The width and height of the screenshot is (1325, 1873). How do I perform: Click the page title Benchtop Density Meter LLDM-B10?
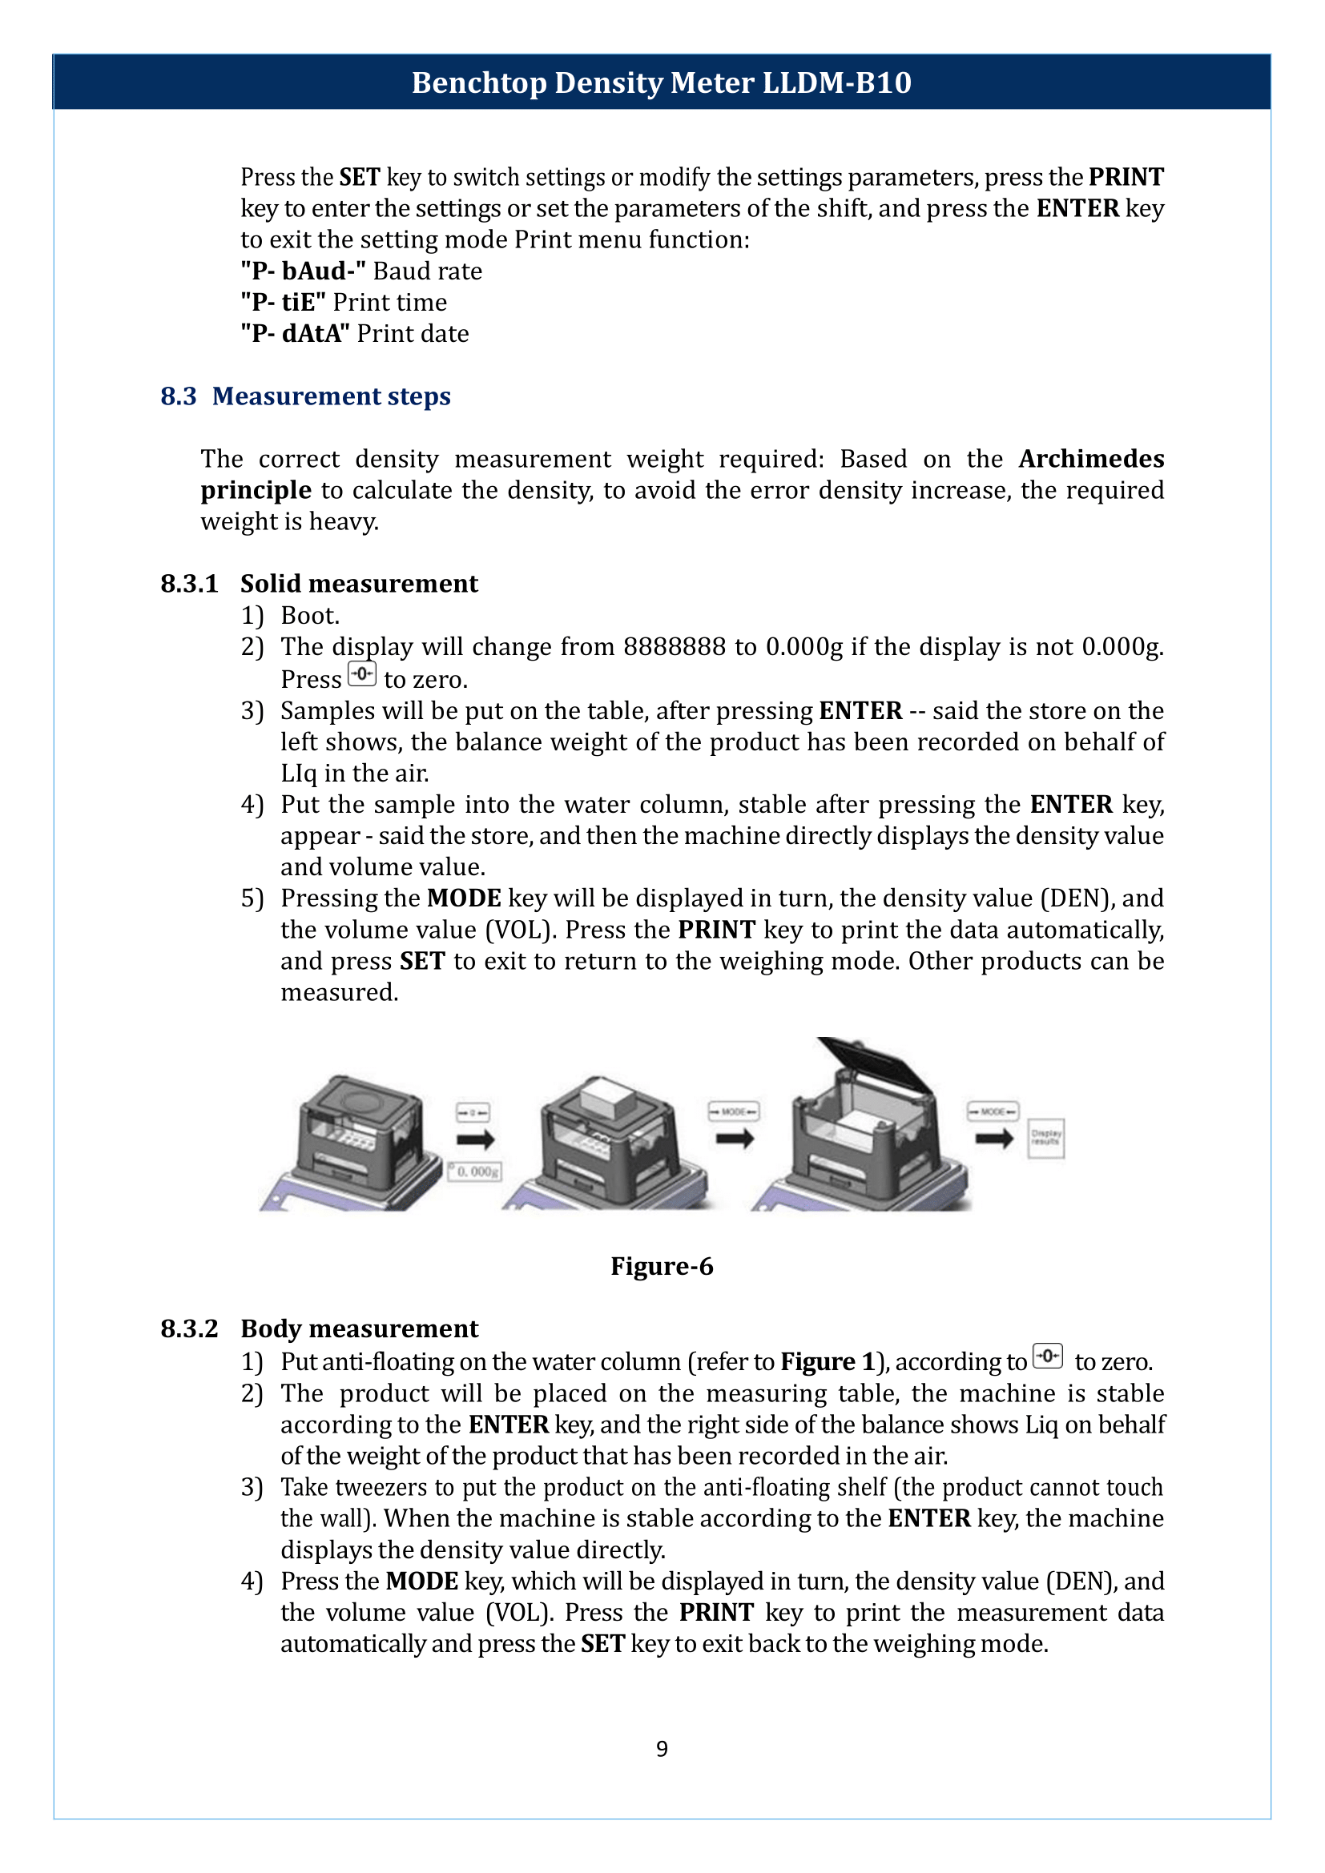pyautogui.click(x=661, y=82)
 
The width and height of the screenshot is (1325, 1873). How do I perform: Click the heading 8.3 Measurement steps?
pyautogui.click(x=305, y=396)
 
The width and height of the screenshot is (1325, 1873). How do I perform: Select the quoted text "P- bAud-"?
pyautogui.click(x=303, y=271)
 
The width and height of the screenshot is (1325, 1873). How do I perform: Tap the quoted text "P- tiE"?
pyautogui.click(x=282, y=303)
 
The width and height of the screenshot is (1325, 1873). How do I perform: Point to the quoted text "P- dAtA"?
pyautogui.click(x=295, y=334)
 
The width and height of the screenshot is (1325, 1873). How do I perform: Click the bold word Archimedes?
pyautogui.click(x=1090, y=460)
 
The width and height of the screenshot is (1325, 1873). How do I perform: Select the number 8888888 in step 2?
pyautogui.click(x=674, y=647)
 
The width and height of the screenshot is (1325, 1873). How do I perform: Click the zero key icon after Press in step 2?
pyautogui.click(x=361, y=674)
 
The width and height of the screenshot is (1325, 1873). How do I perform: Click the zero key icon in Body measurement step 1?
pyautogui.click(x=1048, y=1356)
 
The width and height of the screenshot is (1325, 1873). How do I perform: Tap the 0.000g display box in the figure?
pyautogui.click(x=475, y=1172)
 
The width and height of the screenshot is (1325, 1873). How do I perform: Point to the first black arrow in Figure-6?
pyautogui.click(x=475, y=1139)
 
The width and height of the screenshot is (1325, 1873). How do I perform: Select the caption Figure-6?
pyautogui.click(x=662, y=1266)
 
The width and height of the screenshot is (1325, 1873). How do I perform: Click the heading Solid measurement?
pyautogui.click(x=359, y=584)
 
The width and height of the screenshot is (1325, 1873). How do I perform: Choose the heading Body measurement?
pyautogui.click(x=359, y=1329)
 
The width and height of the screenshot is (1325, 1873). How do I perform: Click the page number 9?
pyautogui.click(x=662, y=1748)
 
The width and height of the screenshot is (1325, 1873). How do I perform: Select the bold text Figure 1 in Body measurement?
pyautogui.click(x=828, y=1361)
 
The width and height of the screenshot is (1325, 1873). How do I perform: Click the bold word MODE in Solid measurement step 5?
pyautogui.click(x=463, y=898)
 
